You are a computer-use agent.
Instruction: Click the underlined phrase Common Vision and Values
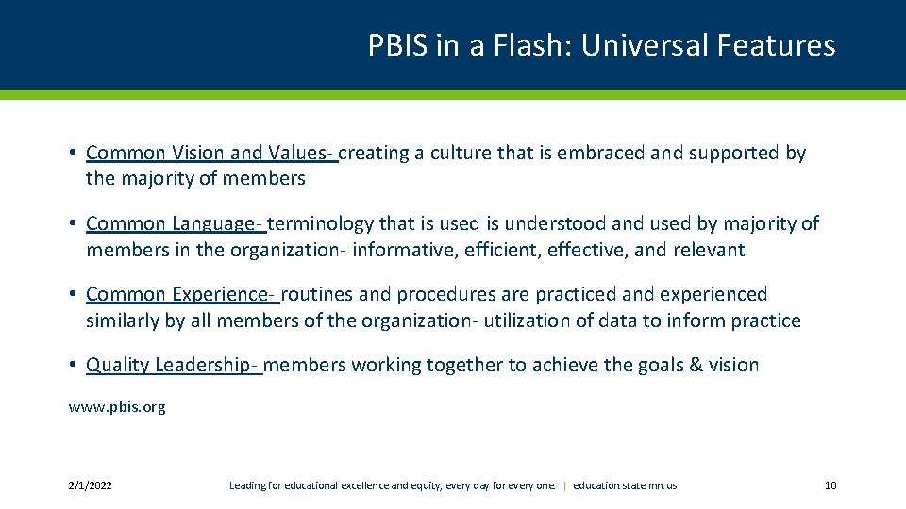210,153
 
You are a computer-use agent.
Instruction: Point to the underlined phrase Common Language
175,223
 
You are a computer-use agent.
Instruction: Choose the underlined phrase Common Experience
181,294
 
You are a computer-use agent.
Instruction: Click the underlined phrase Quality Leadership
174,365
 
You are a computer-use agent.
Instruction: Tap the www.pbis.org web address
117,407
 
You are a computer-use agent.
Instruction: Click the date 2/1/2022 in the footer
90,485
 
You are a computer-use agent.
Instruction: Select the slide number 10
830,485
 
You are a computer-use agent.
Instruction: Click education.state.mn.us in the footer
625,485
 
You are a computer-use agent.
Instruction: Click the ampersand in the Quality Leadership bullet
691,365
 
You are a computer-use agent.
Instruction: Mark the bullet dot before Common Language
73,224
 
